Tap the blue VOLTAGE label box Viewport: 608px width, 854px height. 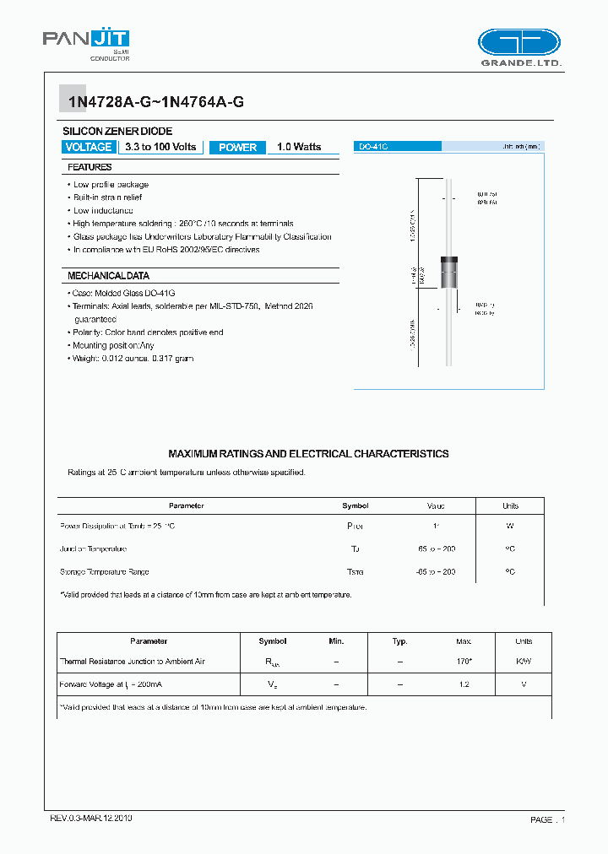click(88, 147)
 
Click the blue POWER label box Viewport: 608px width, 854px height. click(237, 147)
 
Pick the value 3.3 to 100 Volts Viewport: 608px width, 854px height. click(160, 147)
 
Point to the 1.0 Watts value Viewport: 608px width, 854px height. click(299, 147)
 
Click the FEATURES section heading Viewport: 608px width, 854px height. click(90, 167)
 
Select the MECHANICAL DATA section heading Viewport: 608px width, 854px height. click(108, 276)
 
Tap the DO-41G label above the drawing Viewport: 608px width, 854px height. click(373, 147)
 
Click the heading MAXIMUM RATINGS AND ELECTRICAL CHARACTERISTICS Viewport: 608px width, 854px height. click(308, 454)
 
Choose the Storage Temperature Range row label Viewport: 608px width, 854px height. click(104, 572)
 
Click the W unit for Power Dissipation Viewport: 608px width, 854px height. click(510, 526)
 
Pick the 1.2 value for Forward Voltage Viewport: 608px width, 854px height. click(464, 684)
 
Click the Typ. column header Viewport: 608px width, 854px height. click(399, 641)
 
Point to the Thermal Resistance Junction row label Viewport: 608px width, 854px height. click(133, 662)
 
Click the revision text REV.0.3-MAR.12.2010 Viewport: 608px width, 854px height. click(90, 819)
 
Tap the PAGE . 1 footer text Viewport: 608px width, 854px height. click(547, 819)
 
